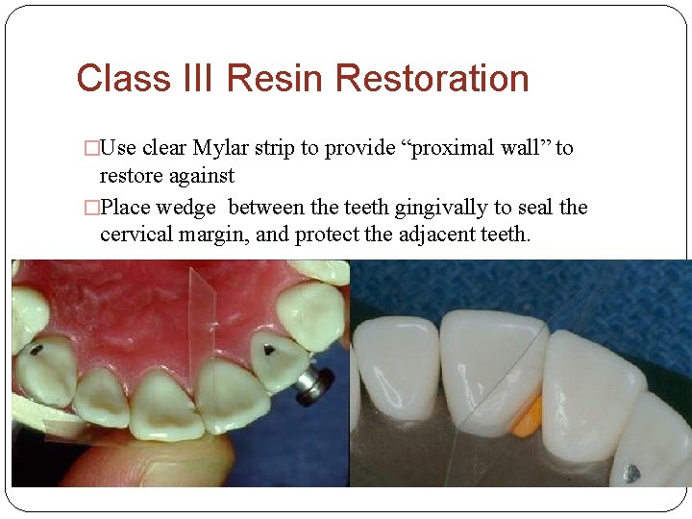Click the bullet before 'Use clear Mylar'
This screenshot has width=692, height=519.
[x=91, y=149]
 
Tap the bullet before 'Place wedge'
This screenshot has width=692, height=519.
[x=91, y=209]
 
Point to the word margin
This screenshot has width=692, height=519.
[x=204, y=234]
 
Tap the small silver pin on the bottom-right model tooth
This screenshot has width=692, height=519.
[x=630, y=472]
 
